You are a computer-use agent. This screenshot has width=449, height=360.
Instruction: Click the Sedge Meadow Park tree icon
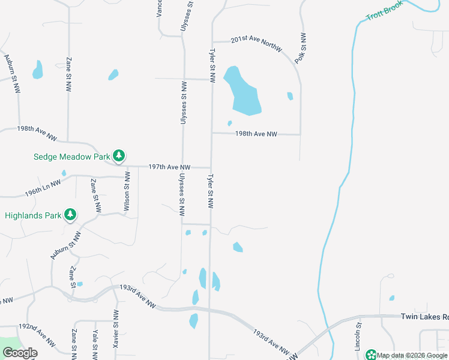coord(119,157)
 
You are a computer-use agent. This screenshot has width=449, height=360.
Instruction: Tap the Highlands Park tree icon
coord(70,215)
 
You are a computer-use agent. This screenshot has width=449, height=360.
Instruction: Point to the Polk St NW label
coord(304,49)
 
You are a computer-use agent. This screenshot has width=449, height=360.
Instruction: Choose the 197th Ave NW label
coord(169,167)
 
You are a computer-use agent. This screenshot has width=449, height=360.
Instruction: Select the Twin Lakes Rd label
coord(424,317)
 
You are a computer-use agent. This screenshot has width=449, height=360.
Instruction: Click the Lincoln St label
coord(357,337)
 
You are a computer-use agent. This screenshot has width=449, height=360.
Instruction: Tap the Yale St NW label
coord(95,343)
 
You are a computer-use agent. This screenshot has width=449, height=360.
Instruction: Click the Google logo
coord(20,353)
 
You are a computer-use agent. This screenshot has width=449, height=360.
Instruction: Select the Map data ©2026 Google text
coord(412,355)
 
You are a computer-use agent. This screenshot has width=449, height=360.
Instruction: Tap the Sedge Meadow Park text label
coord(71,157)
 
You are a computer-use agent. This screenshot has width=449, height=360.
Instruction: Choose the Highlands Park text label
coord(33,215)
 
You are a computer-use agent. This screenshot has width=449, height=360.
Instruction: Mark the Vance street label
coord(160,8)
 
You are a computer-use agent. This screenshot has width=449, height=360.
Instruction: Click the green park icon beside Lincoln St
coord(371,355)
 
